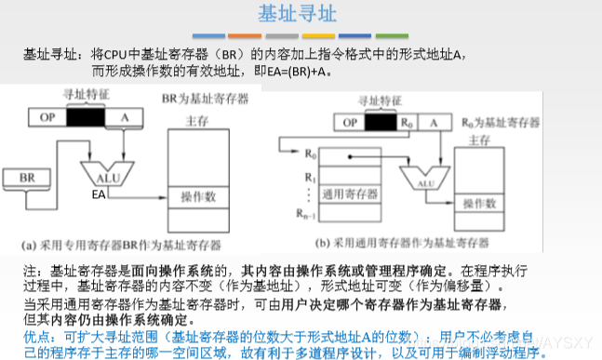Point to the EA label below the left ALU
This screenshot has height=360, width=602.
pos(100,194)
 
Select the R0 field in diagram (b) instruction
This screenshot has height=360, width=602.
pos(406,122)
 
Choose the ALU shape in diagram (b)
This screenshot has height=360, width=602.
pos(424,181)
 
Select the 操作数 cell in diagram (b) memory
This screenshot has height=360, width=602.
pos(480,203)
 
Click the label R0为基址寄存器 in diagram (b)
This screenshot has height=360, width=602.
pos(501,122)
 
